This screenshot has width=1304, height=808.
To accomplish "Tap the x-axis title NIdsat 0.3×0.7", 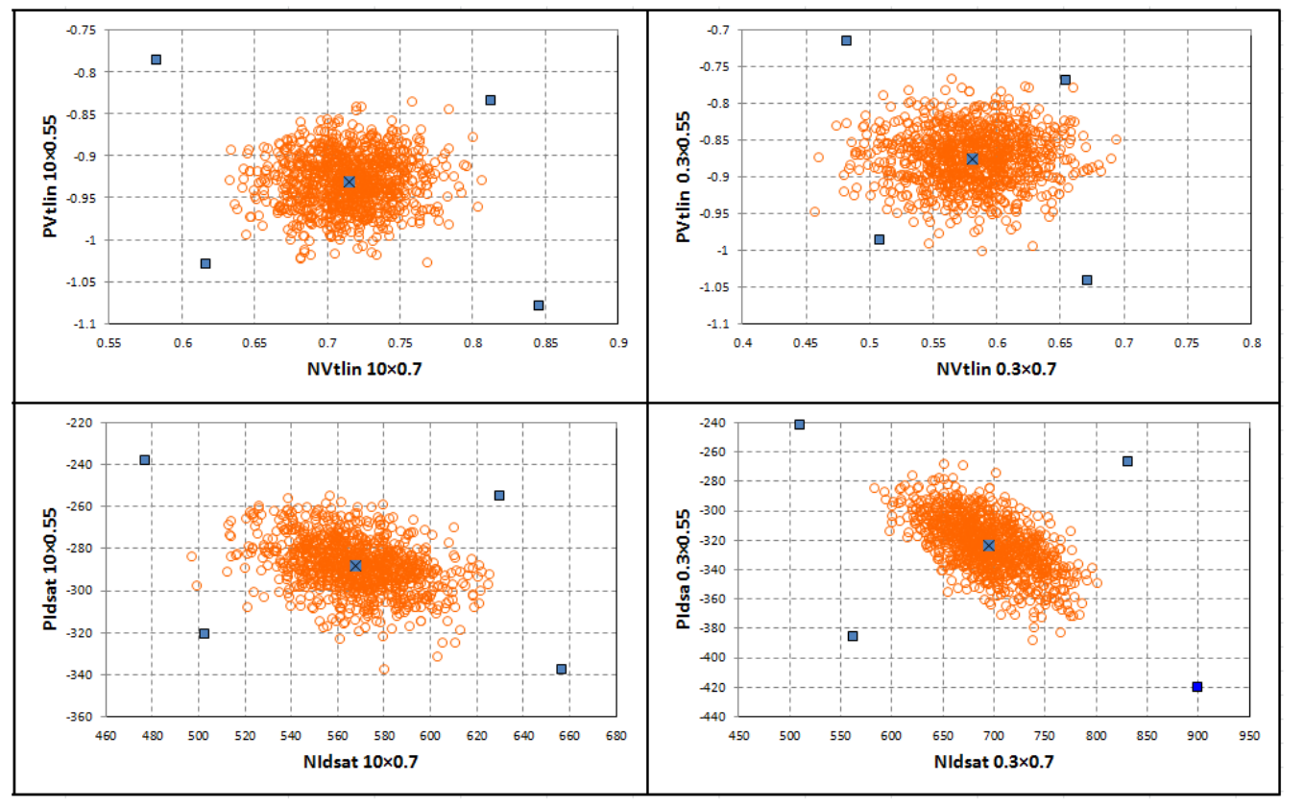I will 995,764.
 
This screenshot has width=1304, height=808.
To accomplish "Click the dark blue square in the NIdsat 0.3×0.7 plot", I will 1197,686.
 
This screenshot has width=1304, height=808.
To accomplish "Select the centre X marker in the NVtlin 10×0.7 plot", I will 350,182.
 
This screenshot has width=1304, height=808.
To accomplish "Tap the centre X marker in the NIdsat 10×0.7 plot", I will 355,566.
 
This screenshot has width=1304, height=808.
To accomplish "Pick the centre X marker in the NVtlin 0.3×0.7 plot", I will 972,159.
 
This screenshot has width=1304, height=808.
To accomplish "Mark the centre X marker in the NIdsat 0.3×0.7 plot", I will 988,545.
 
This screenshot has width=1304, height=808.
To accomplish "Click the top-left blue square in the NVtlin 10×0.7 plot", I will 156,60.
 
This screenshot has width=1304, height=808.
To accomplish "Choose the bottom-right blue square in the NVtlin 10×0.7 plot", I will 539,306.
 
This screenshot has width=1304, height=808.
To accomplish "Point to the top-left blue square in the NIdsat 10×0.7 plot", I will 145,460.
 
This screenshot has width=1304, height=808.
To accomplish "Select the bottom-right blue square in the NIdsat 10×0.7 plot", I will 561,669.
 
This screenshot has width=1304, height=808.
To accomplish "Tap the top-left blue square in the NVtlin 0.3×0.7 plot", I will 846,40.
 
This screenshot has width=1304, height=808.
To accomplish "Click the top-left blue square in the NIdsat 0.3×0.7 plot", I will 799,424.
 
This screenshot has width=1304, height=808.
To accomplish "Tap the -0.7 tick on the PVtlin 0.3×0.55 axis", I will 716,31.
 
